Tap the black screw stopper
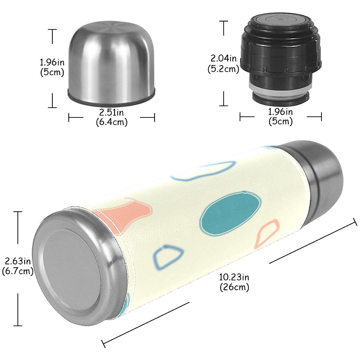pos(281,55)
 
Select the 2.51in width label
pos(111,113)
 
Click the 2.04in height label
pos(224,58)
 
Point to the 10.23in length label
pos(234,277)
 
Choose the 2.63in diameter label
pos(18,261)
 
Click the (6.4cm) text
pos(111,122)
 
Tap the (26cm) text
pos(234,287)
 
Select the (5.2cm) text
pos(224,69)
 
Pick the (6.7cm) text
pos(18,271)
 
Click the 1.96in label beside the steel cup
pos(52,62)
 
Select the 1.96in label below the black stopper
pos(280,112)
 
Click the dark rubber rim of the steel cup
pos(111,101)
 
